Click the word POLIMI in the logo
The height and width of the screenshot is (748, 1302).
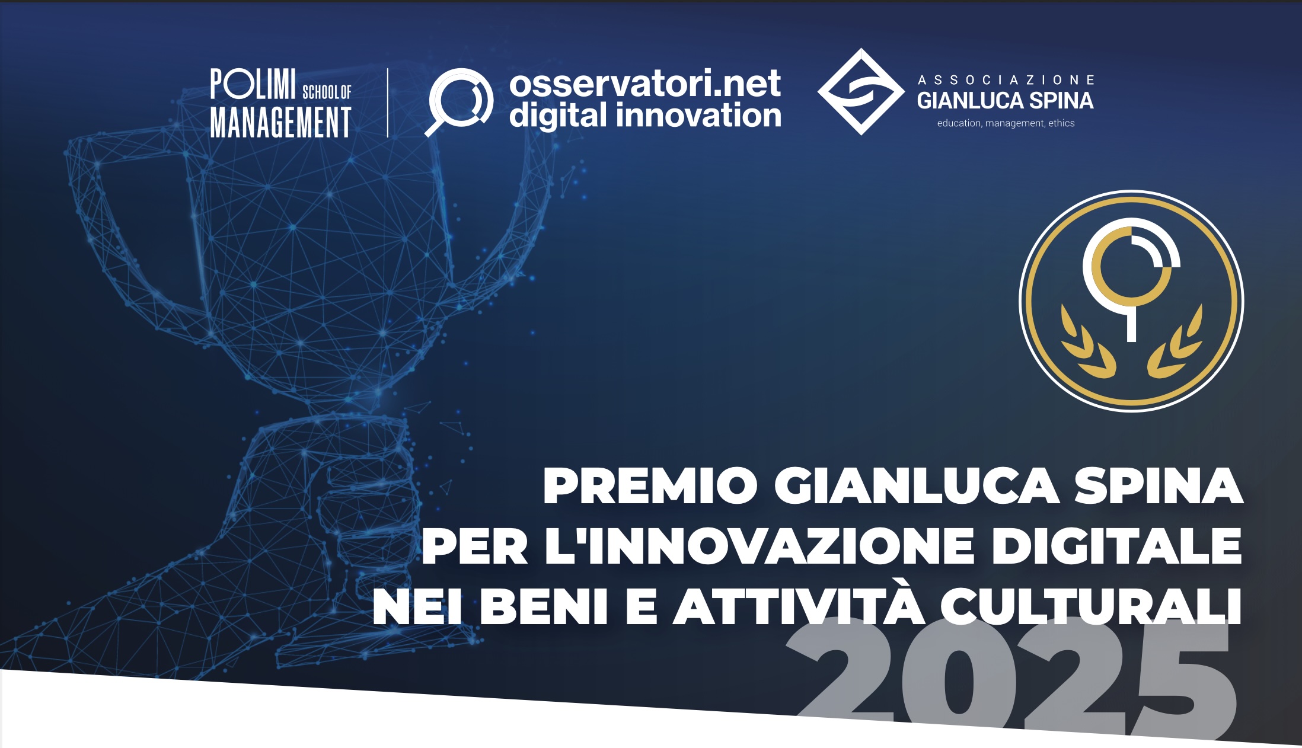coord(253,84)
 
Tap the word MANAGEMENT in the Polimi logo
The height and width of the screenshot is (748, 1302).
coord(281,123)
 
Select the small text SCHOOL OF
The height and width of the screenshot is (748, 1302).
coord(327,92)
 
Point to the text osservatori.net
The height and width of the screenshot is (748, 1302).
coord(644,84)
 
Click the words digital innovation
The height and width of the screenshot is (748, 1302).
coord(644,115)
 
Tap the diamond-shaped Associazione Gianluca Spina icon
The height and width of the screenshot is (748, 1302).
coord(861,92)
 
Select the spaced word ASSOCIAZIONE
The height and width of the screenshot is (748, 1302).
coord(1006,80)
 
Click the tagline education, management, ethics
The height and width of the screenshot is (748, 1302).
coord(1006,123)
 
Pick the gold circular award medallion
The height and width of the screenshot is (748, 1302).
coord(1131,301)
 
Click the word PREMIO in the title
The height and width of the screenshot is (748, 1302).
coord(650,486)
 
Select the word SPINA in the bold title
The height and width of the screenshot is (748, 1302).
coord(1159,486)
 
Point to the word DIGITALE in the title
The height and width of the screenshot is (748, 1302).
coord(1116,546)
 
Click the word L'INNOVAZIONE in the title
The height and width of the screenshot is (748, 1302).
coord(759,546)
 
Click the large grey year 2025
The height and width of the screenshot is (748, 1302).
coord(1014,682)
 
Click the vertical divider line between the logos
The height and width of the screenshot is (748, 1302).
coord(388,103)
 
